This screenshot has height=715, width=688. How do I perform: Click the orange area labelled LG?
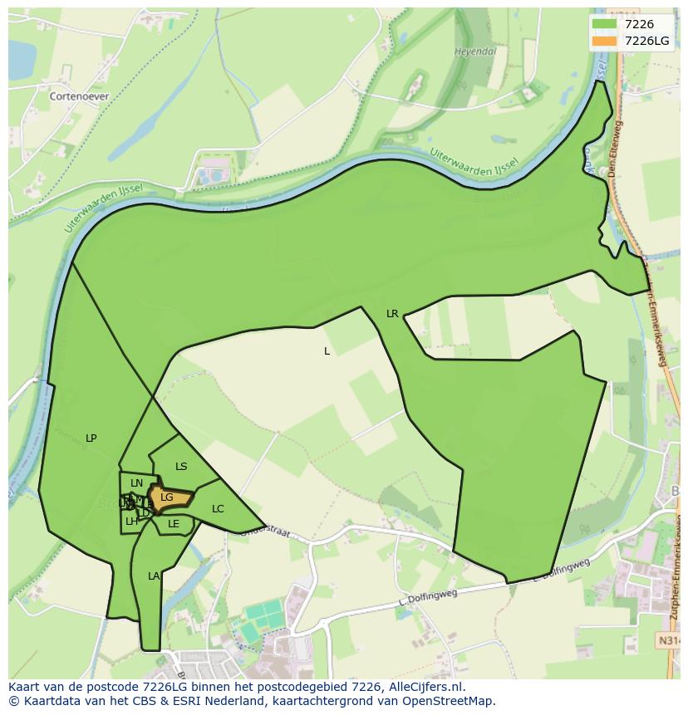tap(169, 498)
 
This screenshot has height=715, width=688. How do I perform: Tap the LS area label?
tap(181, 467)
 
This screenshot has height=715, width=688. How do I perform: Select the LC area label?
tap(218, 509)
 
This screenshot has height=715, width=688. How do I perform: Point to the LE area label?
tap(174, 524)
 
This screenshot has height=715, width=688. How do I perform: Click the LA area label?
tap(154, 576)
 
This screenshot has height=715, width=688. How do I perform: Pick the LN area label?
tap(137, 483)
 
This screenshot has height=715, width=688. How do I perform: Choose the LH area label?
tap(131, 522)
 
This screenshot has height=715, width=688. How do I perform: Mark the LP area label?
tap(91, 438)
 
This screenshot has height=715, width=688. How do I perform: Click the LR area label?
tap(392, 314)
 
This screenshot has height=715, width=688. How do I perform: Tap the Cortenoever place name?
tap(79, 96)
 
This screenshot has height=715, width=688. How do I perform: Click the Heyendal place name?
tap(474, 51)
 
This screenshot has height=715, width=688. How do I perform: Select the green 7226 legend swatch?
tap(604, 24)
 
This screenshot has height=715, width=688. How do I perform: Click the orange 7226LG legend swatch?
tap(604, 41)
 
